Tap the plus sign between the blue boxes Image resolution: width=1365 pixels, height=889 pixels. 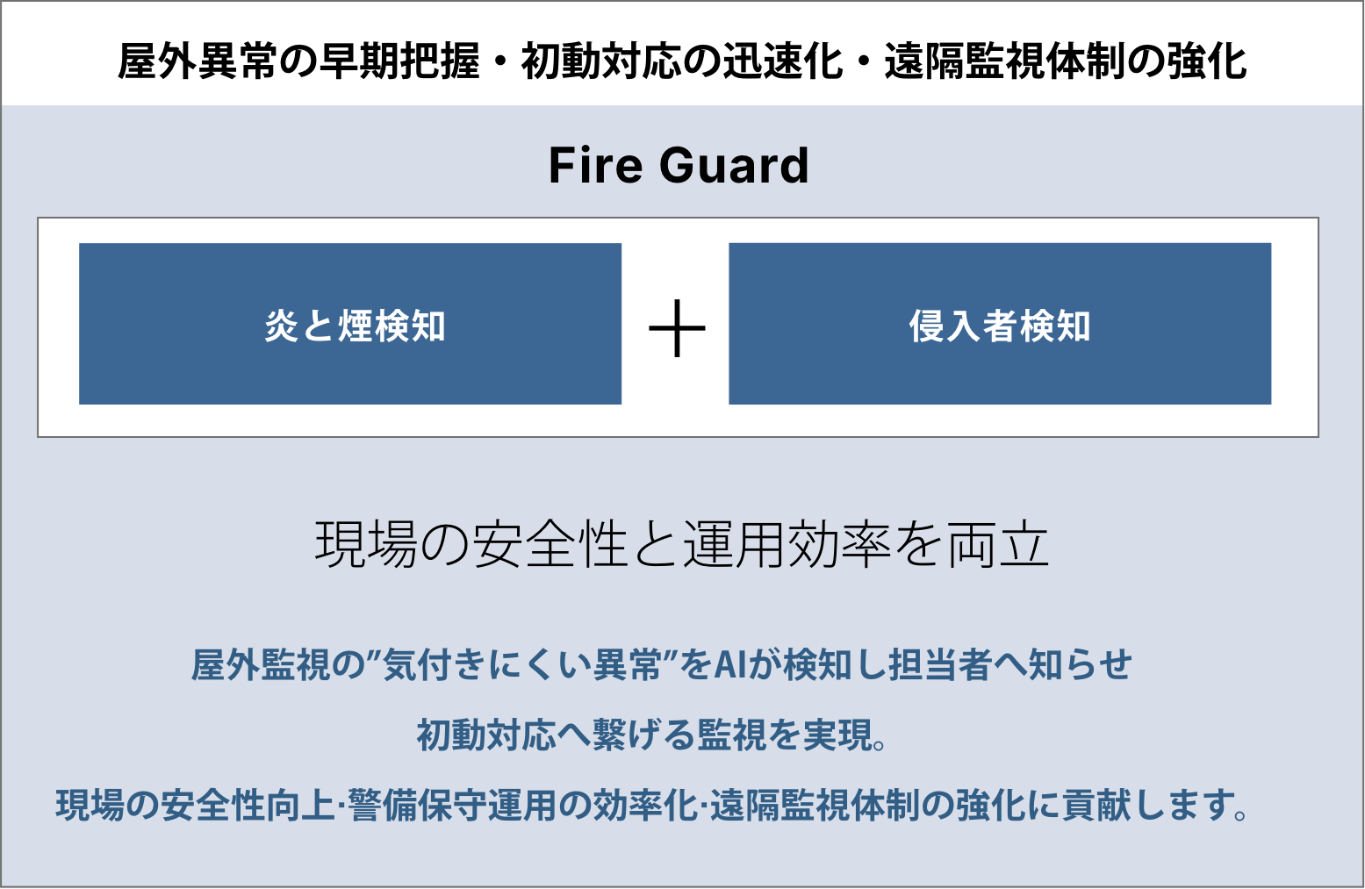click(677, 328)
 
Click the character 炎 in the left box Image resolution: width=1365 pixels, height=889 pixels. click(282, 326)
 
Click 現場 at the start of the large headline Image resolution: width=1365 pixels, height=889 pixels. click(366, 544)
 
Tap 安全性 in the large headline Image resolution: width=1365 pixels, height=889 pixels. click(550, 544)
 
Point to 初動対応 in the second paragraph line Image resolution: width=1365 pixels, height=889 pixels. click(486, 735)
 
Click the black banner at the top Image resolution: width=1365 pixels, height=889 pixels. click(682, 53)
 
